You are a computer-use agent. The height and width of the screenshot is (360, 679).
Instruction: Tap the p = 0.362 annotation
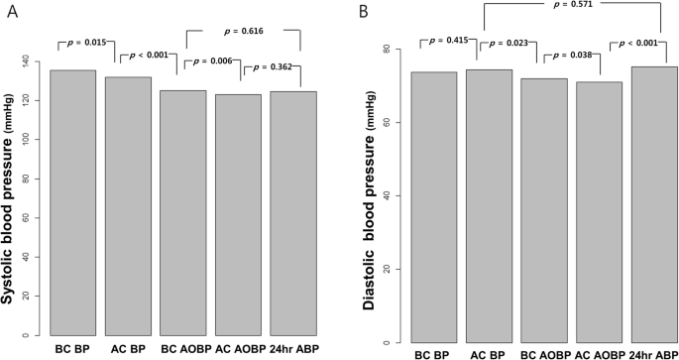pyautogui.click(x=272, y=66)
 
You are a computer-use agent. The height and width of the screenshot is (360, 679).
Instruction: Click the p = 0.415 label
pyautogui.click(x=451, y=40)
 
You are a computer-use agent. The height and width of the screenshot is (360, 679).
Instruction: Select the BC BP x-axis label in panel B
pyautogui.click(x=433, y=353)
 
